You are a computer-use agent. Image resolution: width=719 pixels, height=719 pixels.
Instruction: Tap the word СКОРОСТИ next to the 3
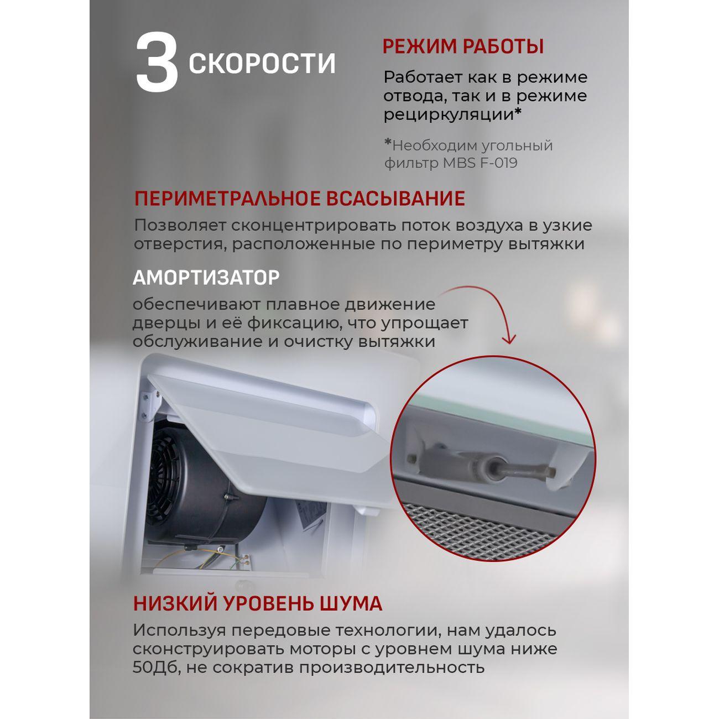pyautogui.click(x=262, y=64)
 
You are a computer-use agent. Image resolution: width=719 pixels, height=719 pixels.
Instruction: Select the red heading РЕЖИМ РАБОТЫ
pyautogui.click(x=463, y=46)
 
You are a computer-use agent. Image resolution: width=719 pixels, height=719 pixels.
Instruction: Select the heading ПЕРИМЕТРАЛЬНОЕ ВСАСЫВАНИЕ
pyautogui.click(x=299, y=199)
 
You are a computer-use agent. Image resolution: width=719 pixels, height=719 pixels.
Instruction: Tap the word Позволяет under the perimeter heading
pyautogui.click(x=179, y=226)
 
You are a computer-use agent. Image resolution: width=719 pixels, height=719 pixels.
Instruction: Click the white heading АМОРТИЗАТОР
pyautogui.click(x=206, y=278)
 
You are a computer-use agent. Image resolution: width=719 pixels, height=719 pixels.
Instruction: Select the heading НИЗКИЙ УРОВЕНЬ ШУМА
pyautogui.click(x=257, y=603)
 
